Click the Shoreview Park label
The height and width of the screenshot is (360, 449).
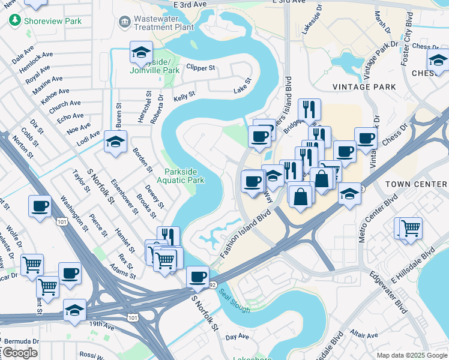pyautogui.click(x=52, y=21)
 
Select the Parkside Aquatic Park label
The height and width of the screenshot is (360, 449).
pyautogui.click(x=181, y=176)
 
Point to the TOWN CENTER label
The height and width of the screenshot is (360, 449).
pyautogui.click(x=416, y=184)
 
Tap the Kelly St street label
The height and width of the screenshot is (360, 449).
pyautogui.click(x=184, y=95)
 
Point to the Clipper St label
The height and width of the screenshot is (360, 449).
pyautogui.click(x=200, y=68)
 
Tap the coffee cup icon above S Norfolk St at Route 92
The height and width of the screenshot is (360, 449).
pyautogui.click(x=197, y=277)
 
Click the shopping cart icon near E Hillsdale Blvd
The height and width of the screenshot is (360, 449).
pyautogui.click(x=411, y=227)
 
